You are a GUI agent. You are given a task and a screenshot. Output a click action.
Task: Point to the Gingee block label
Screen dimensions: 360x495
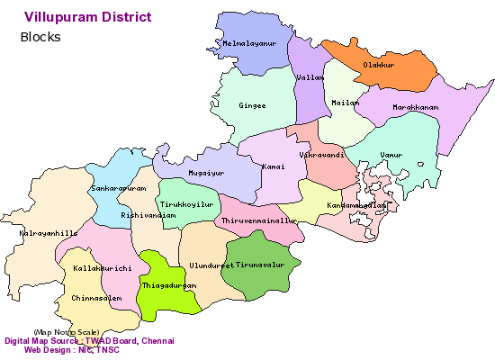click(x=253, y=105)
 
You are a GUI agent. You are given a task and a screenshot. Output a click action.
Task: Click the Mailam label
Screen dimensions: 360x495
click(x=345, y=103)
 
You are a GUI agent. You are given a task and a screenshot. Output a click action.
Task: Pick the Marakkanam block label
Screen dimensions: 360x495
click(x=415, y=108)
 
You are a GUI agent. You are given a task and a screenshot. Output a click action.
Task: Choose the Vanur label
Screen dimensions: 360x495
click(x=391, y=156)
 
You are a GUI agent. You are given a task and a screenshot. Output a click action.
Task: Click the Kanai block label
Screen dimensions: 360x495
click(x=274, y=166)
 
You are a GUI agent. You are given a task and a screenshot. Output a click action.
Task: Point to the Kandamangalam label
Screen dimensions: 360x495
click(x=357, y=206)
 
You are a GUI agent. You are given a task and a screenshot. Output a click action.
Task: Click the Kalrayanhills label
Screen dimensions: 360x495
click(x=49, y=233)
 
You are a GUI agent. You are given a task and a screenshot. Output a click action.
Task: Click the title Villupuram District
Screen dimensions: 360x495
click(x=88, y=17)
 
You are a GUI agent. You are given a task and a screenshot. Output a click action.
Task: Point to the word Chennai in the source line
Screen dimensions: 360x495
click(x=155, y=341)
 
